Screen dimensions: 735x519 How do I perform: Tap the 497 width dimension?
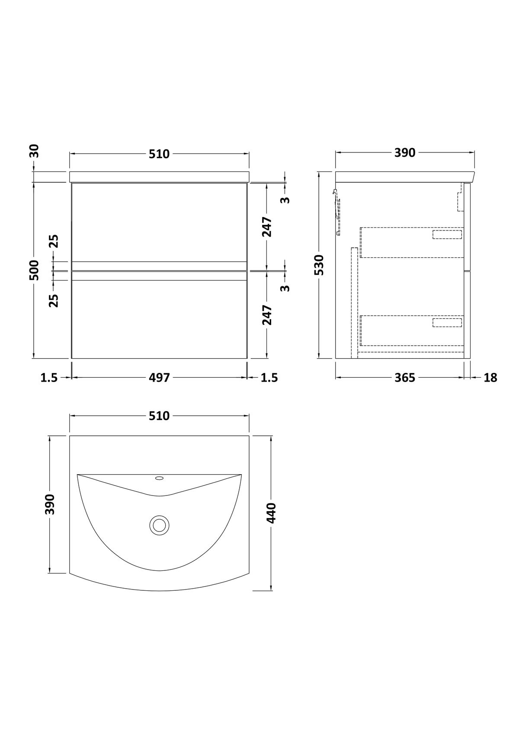tap(160, 378)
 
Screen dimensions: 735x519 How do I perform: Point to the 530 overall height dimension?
tap(319, 265)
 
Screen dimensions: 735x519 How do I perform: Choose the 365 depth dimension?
tap(405, 378)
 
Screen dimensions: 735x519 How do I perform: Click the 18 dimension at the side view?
tap(490, 378)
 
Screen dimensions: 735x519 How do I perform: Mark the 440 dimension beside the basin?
tap(271, 513)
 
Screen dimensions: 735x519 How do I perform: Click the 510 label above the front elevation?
tap(160, 154)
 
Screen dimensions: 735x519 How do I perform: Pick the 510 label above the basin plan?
tap(160, 416)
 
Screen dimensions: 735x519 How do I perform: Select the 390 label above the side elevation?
tap(405, 153)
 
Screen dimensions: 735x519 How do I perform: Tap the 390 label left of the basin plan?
tap(51, 504)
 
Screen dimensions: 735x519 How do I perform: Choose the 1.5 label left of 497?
tap(49, 378)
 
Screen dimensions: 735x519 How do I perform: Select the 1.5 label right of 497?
tap(269, 378)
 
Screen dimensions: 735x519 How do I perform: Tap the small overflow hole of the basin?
tap(159, 479)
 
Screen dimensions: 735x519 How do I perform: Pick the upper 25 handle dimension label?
tap(53, 241)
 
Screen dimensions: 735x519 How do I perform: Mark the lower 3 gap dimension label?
tap(285, 287)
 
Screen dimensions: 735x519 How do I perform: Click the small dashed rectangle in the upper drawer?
tap(447, 234)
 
